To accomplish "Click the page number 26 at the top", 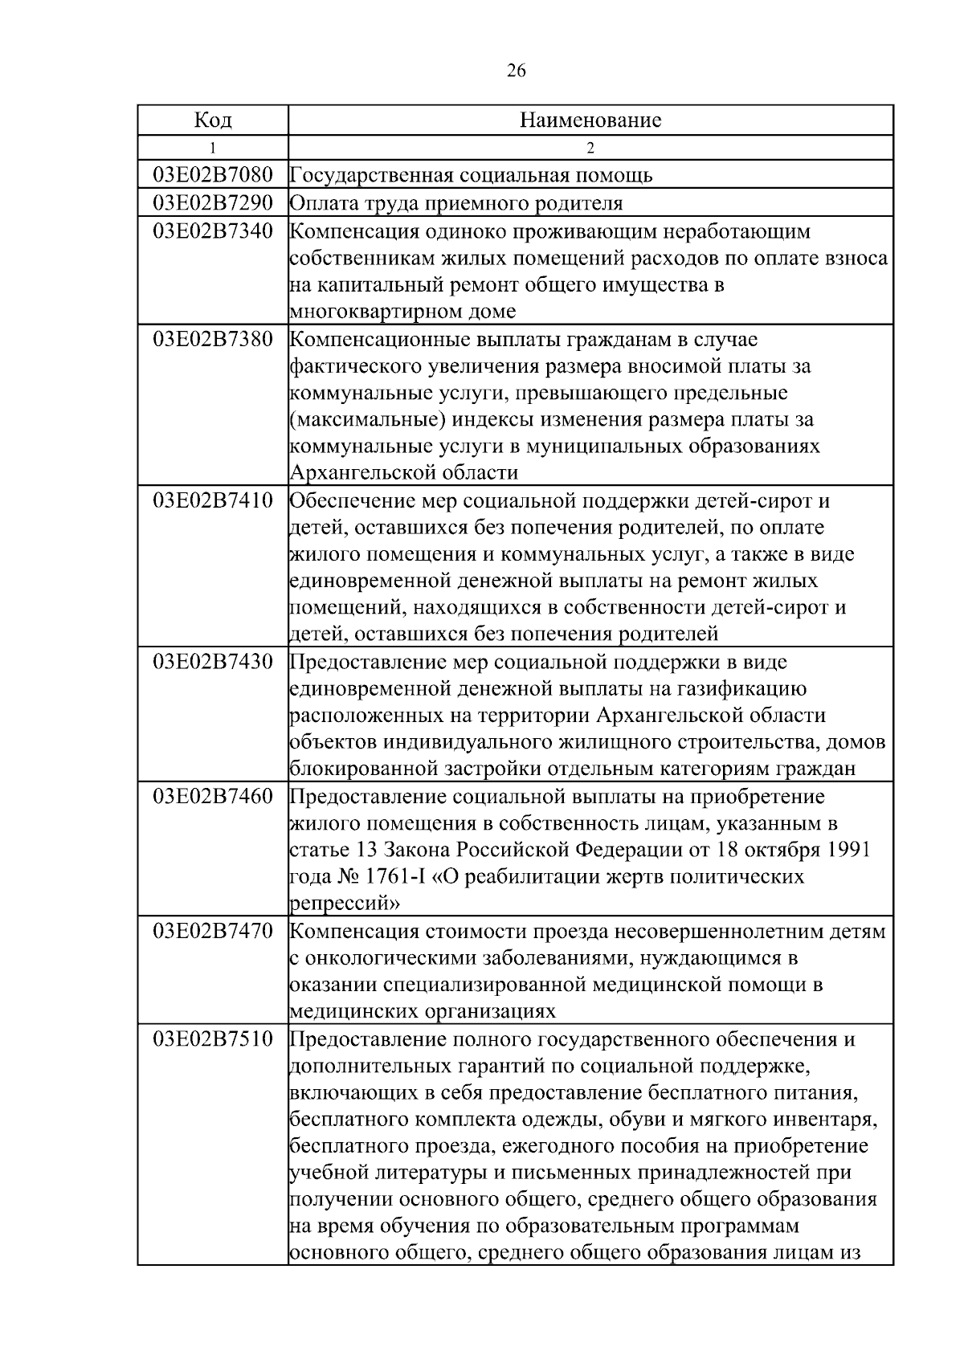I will pos(517,71).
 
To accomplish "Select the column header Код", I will pos(213,120).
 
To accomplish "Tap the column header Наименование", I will pos(590,120).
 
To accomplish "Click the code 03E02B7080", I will pos(213,174).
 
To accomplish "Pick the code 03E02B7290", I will pos(213,202).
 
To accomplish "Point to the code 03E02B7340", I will pos(213,231).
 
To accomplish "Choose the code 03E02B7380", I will pos(213,339).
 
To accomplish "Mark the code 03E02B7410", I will pos(213,501).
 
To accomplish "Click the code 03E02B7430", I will pos(213,663).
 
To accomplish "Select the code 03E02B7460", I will pos(213,797).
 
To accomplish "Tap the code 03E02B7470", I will pos(213,932).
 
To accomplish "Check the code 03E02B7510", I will pos(213,1039).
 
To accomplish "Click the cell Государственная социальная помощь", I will pos(471,175).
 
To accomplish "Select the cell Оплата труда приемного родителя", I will pos(455,203).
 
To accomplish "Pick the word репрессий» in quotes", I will pos(345,904).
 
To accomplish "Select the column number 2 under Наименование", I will pos(590,148).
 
